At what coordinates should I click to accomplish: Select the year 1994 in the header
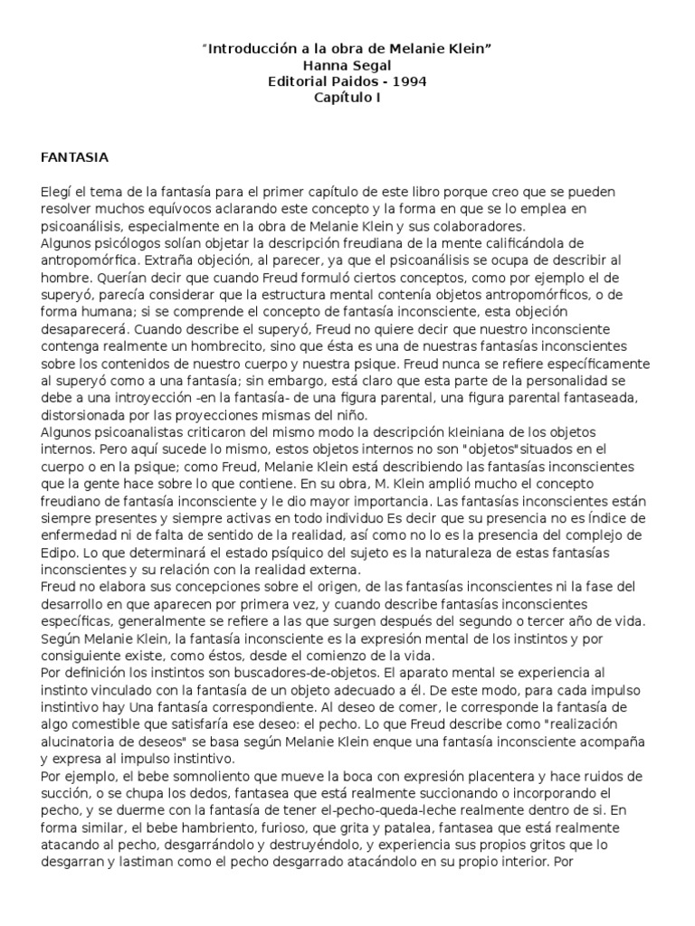410,81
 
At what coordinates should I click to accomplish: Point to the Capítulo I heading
347,98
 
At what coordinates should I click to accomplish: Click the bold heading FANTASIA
75,156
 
